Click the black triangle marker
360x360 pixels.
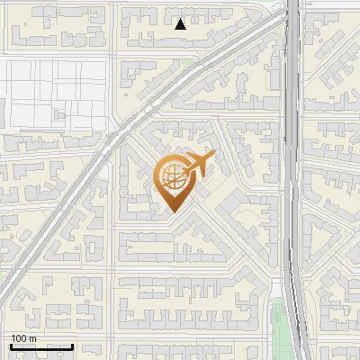click(180, 24)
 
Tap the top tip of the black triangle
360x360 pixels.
click(180, 19)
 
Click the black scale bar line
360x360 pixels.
click(41, 346)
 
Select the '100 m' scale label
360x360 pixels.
click(24, 338)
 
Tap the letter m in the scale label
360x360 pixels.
click(34, 338)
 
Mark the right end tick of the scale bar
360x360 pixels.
click(72, 345)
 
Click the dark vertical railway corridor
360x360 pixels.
click(292, 180)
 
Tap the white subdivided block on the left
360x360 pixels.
click(54, 90)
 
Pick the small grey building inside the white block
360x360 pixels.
click(60, 114)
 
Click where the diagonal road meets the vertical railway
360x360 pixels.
click(286, 16)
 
